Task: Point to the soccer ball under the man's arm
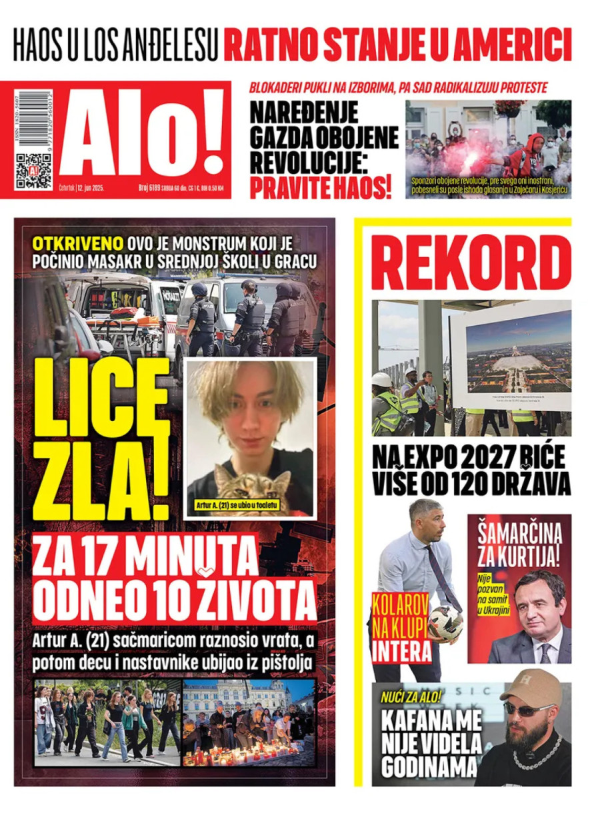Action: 445,623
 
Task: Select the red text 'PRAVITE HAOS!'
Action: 320,189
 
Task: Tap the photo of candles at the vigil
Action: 248,722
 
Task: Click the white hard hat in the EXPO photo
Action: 381,379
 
